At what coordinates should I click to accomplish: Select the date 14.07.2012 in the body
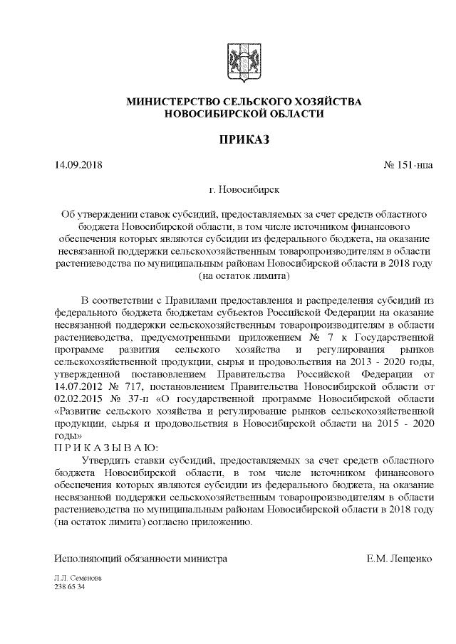click(x=78, y=386)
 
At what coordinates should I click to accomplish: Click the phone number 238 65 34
click(x=70, y=587)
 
